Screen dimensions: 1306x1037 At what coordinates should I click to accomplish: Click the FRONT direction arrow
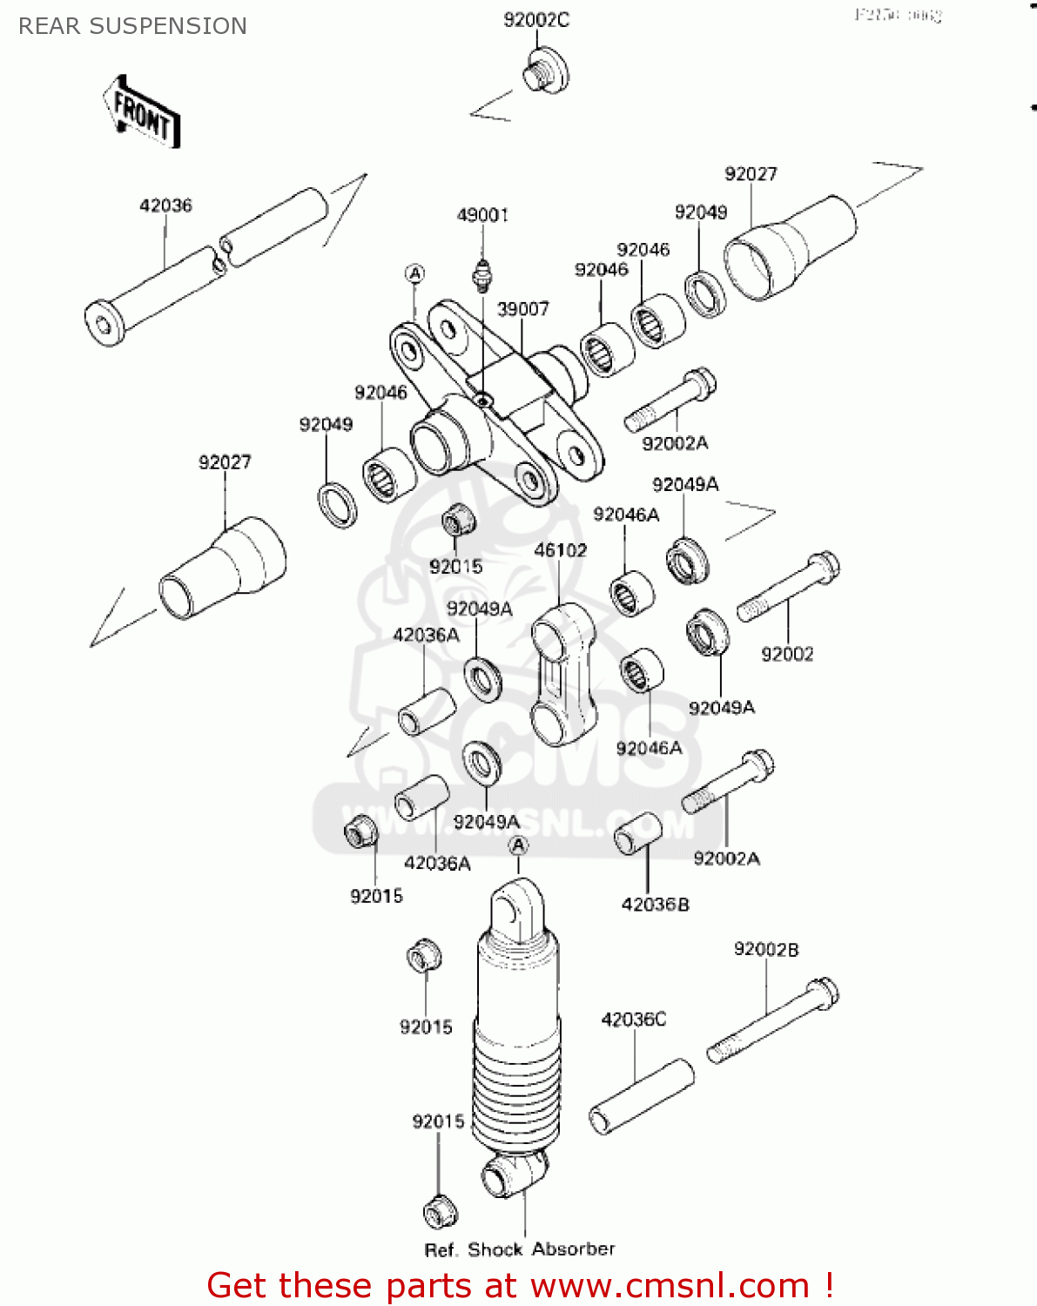tap(141, 113)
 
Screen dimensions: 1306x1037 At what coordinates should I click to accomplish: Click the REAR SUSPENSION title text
tap(132, 26)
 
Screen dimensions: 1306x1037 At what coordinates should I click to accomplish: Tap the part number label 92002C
tap(536, 19)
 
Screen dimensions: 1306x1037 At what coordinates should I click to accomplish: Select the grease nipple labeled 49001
tap(482, 277)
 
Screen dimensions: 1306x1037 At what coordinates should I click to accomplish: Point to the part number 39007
tap(522, 309)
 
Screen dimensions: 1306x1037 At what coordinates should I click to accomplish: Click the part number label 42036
tap(165, 205)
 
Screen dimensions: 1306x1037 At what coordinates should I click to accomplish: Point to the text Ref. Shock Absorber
tap(519, 1249)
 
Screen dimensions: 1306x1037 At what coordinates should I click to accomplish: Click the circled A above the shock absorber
tap(518, 845)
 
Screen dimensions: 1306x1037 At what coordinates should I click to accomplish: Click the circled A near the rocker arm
tap(415, 274)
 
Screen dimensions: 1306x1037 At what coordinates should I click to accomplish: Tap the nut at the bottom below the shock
tap(441, 1211)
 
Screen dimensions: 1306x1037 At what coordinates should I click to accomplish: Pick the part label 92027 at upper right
tap(751, 174)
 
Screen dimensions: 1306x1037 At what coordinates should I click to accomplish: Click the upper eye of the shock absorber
tap(517, 910)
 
